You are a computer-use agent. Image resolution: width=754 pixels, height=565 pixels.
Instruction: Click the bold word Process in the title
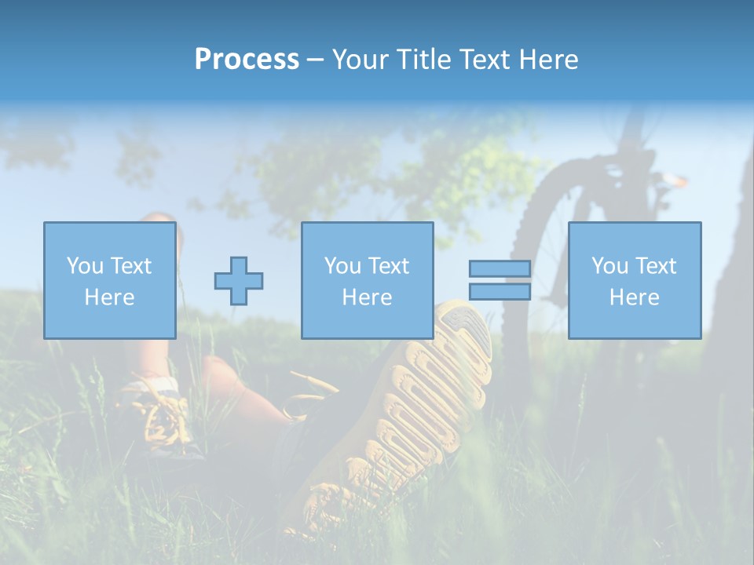[247, 60]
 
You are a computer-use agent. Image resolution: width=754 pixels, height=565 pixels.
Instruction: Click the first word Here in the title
[549, 60]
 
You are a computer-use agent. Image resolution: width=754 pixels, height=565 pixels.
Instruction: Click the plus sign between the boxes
[239, 280]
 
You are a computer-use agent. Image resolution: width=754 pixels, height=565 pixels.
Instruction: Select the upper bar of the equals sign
[500, 268]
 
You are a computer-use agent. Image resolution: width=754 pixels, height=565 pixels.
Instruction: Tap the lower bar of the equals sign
[500, 292]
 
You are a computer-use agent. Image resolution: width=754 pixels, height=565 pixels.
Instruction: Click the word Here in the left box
[109, 297]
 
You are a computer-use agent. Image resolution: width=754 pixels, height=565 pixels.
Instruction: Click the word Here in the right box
[634, 297]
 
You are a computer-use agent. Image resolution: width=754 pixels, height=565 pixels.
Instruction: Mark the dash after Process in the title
[316, 60]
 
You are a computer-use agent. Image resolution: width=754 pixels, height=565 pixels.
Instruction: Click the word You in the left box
[86, 266]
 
